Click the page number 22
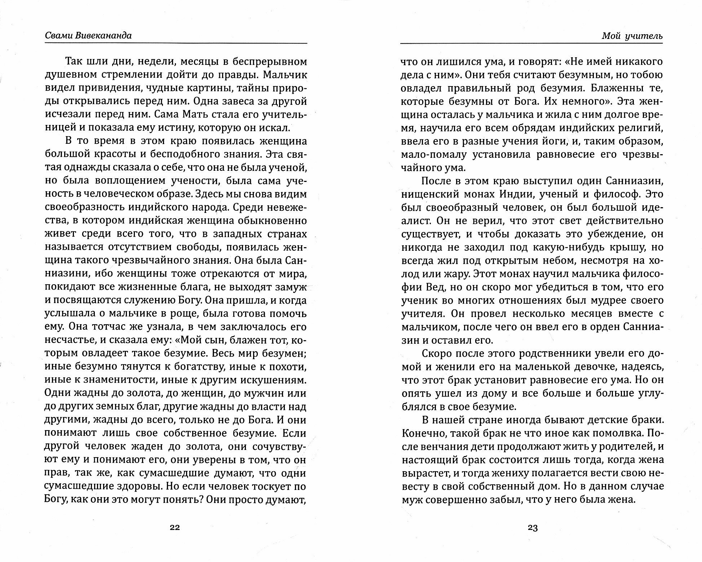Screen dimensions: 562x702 pos(175,528)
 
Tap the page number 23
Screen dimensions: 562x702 pos(533,528)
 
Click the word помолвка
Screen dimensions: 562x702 pos(617,433)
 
